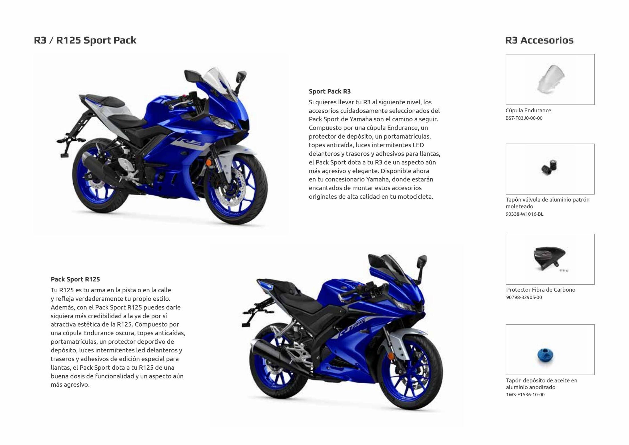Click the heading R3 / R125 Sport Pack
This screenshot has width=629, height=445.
coord(85,40)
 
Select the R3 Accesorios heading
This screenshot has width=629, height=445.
coord(539,40)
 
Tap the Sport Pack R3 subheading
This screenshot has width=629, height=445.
coord(330,91)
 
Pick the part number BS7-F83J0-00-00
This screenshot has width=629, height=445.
coord(524,118)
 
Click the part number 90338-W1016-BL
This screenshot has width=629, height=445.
coord(524,214)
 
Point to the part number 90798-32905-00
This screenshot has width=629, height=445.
coord(524,297)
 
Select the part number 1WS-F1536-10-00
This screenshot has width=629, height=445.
coord(525,395)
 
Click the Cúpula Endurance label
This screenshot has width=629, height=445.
coord(528,111)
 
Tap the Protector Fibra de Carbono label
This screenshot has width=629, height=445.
coord(541,290)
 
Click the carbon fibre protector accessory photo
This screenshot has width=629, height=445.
coord(550,259)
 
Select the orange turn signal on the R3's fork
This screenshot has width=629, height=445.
coord(209,163)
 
